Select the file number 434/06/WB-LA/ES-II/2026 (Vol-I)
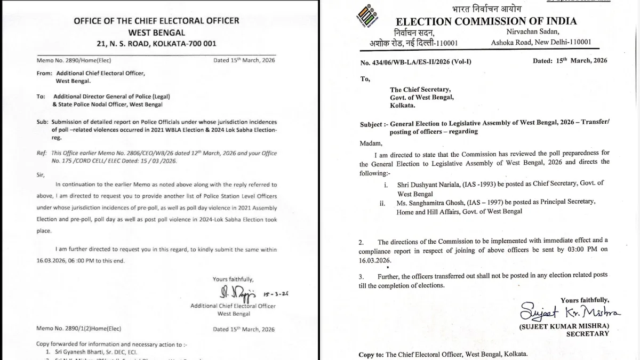click(415, 62)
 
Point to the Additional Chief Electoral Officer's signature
click(238, 293)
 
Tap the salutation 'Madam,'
click(372, 143)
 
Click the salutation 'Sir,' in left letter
click(41, 174)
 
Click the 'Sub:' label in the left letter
click(42, 122)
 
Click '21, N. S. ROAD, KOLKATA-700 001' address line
click(156, 44)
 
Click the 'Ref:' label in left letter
click(42, 153)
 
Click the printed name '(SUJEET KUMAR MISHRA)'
click(564, 326)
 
